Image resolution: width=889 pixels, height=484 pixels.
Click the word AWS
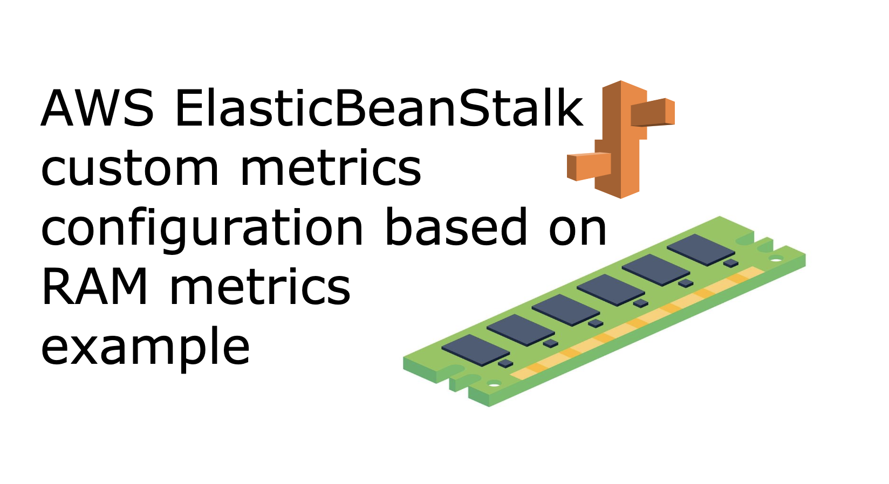coord(97,109)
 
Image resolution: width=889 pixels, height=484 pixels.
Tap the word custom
coord(129,168)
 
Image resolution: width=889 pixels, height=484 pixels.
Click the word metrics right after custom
coord(330,168)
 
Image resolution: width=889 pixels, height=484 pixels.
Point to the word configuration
coord(202,229)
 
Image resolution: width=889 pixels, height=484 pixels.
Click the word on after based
coord(578,229)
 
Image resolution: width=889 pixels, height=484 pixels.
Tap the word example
coord(145,348)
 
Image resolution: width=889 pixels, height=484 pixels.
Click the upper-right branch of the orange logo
coord(653,112)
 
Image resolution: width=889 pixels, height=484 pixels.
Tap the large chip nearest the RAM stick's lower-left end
coord(475,349)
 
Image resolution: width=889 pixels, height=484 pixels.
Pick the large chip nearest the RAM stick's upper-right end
coord(700,249)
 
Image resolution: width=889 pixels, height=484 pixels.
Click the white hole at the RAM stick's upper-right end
coord(776,260)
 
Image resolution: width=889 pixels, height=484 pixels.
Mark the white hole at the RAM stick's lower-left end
coord(494,384)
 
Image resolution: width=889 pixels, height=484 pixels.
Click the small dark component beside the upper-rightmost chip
coord(730,263)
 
